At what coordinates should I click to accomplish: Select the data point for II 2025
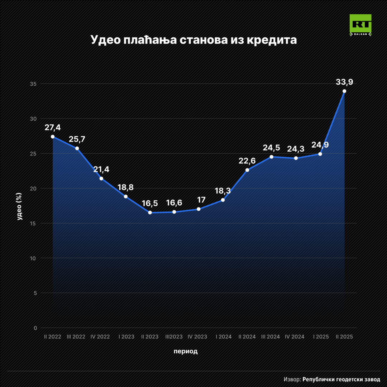point(344,91)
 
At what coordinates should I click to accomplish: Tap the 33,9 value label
point(344,82)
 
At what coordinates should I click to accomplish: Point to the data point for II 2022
point(53,137)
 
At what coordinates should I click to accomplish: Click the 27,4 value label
point(53,128)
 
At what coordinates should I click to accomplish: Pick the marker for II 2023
point(150,212)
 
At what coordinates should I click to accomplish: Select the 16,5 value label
point(150,204)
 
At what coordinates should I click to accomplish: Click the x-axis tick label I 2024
point(224,337)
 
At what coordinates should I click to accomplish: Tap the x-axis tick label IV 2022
point(100,337)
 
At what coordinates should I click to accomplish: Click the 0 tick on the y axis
point(35,328)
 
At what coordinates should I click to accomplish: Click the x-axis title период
point(186,351)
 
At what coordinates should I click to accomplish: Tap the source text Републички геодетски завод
point(341,379)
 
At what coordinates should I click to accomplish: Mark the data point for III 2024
point(271,157)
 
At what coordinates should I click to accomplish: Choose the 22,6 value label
point(247,161)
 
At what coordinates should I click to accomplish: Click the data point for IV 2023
point(199,209)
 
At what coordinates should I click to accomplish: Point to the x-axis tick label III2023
point(174,337)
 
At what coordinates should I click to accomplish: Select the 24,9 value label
point(320,145)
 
